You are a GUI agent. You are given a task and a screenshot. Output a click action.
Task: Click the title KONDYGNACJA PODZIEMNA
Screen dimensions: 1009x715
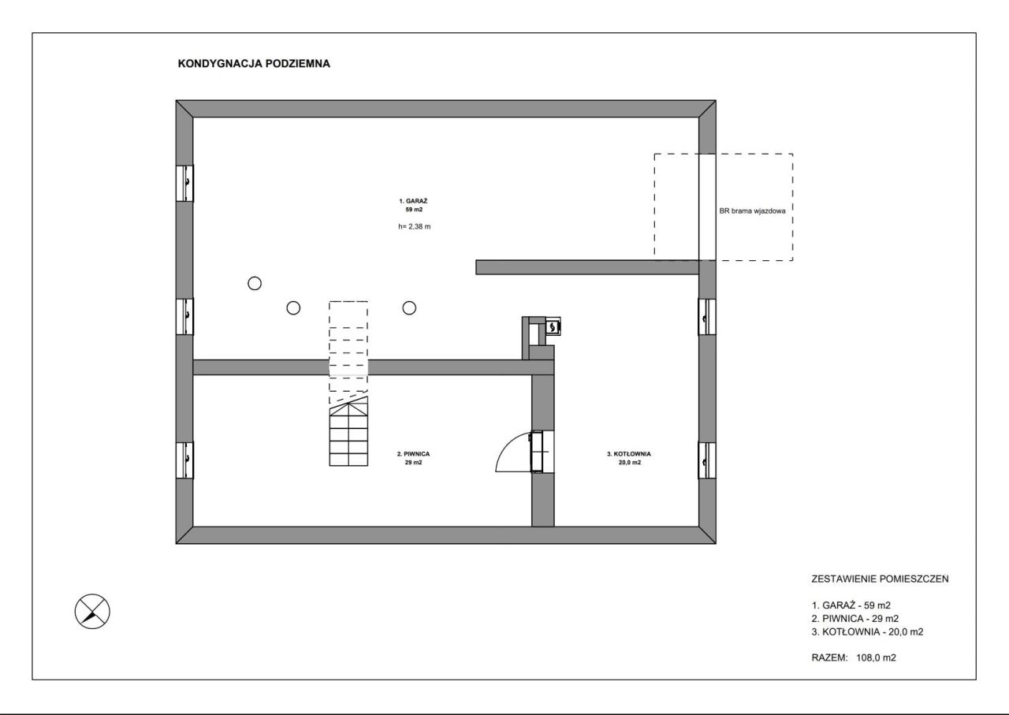coord(254,64)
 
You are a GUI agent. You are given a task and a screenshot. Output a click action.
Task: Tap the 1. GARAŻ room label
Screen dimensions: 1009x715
coord(414,205)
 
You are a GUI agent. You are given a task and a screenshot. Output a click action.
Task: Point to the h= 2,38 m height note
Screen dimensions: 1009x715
coord(414,226)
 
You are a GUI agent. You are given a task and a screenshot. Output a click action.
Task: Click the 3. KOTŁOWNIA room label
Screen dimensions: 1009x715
coord(629,458)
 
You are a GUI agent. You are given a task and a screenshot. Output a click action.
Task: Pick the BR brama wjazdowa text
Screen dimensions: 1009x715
coord(752,210)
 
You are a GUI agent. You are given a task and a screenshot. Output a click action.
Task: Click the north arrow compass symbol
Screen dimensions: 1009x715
coord(92,612)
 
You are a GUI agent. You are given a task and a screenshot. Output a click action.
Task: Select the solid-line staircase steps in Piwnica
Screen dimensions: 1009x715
coord(348,431)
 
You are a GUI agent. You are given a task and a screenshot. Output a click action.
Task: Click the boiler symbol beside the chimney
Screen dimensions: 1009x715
coord(553,326)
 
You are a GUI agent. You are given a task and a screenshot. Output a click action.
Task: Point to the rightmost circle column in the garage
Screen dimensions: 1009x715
coord(409,308)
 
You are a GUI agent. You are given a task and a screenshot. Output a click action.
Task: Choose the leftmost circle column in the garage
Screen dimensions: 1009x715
coord(255,283)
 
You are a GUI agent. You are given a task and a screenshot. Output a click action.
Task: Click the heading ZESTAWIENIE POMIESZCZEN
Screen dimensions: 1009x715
coord(880,579)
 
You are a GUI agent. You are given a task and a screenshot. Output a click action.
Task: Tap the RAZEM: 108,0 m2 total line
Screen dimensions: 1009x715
coord(854,657)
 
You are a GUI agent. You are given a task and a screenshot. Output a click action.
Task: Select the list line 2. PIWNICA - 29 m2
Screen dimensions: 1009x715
coord(855,619)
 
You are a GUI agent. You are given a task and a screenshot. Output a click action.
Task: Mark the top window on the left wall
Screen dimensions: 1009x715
coord(184,183)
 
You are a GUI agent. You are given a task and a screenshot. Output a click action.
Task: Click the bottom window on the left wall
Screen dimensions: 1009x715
coord(184,460)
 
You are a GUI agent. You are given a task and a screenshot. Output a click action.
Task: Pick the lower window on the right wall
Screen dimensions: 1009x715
coord(707,460)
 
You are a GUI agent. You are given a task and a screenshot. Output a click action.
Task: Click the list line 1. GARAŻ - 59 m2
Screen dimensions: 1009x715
coord(851,605)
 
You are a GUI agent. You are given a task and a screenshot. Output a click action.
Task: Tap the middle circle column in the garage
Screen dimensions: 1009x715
coord(293,308)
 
